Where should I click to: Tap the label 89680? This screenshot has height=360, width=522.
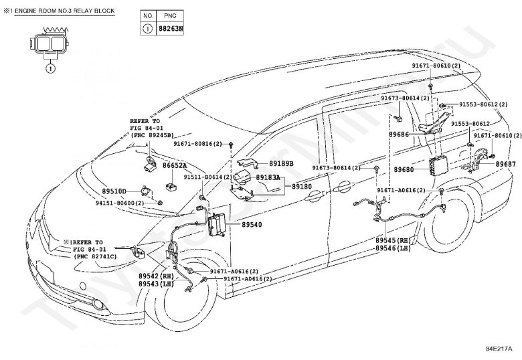pyautogui.click(x=404, y=170)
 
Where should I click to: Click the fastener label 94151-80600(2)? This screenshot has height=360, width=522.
pyautogui.click(x=120, y=202)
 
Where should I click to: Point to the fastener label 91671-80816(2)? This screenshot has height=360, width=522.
pyautogui.click(x=199, y=144)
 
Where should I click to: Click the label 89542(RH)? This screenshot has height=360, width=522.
pyautogui.click(x=157, y=276)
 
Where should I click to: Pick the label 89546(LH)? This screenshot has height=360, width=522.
pyautogui.click(x=394, y=248)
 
